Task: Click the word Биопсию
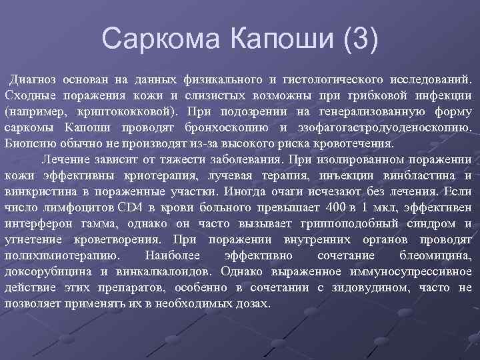point(28,143)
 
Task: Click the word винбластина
point(417,175)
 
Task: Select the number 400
point(329,207)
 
